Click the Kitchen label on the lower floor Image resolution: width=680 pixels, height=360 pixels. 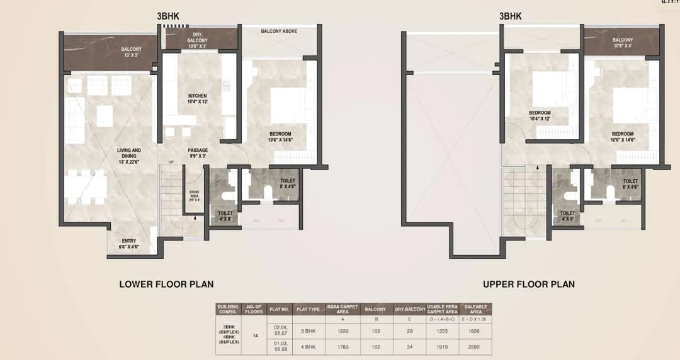tap(197, 99)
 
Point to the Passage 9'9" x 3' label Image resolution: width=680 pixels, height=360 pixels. tap(198, 153)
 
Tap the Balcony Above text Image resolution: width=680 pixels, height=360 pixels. tap(279, 31)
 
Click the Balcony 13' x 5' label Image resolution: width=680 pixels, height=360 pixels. tap(132, 52)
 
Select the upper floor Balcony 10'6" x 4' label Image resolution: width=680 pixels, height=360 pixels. tap(622, 43)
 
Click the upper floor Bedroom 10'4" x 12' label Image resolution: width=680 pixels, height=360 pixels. tap(540, 116)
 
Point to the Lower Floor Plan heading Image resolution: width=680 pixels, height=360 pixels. tap(162, 284)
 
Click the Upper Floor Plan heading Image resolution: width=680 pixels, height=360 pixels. tap(528, 284)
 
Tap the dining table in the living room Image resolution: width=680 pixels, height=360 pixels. tap(86, 187)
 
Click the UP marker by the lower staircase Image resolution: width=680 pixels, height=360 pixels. tap(170, 162)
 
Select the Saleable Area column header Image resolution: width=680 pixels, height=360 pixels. tap(476, 308)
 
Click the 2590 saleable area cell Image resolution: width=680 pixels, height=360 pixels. tap(476, 347)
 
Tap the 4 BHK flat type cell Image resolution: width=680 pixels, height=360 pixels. tap(309, 347)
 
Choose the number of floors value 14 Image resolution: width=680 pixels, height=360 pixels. tap(255, 336)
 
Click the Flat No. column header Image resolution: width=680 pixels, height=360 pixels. tap(280, 309)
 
